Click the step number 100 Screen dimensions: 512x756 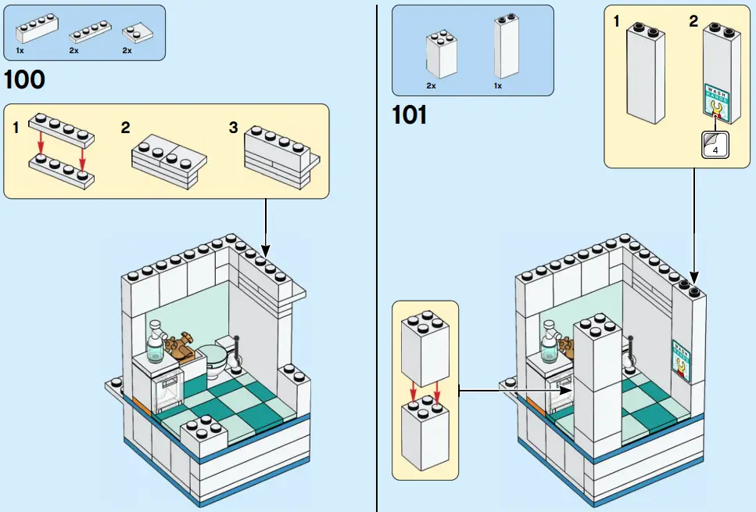(x=24, y=81)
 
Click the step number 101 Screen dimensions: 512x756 (x=409, y=116)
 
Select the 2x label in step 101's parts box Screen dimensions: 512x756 (x=431, y=85)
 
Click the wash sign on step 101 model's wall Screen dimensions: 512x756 (x=682, y=359)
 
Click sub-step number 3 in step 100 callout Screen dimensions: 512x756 (x=233, y=128)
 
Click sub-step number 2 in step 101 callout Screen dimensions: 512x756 (x=693, y=21)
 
